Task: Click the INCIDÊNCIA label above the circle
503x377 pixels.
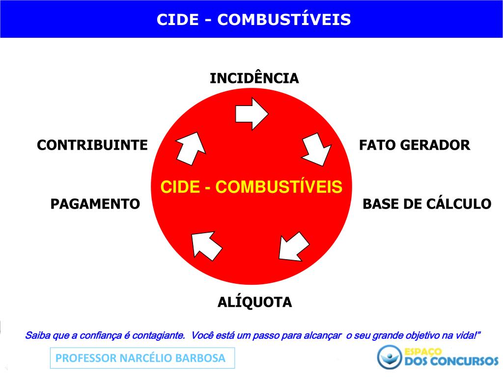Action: [254, 79]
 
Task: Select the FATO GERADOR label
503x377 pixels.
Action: [415, 145]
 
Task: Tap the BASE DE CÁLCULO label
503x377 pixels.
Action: [427, 204]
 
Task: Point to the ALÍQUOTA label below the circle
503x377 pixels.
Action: [254, 302]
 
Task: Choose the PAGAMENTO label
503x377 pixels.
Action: [95, 204]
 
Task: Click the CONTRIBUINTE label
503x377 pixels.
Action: [92, 145]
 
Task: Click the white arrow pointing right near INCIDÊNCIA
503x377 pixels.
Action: [251, 113]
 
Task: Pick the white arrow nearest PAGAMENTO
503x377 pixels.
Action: [206, 244]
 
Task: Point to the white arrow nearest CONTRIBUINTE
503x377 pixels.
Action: [190, 148]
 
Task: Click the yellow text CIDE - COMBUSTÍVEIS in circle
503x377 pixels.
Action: [251, 187]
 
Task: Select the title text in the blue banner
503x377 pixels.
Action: [253, 19]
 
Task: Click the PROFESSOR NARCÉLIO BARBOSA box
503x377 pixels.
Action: [142, 358]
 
